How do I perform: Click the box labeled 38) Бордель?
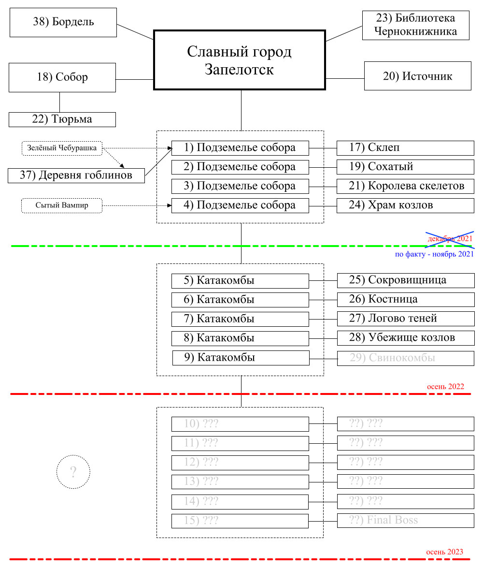63,22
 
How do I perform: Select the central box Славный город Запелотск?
239,60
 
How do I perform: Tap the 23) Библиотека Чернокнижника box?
416,25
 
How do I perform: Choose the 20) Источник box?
417,76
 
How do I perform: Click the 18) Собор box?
62,77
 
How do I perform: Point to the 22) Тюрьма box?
62,119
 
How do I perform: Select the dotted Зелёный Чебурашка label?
62,148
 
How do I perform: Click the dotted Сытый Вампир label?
62,205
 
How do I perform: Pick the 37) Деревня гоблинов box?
76,175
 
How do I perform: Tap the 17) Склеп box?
405,148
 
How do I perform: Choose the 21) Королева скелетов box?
405,186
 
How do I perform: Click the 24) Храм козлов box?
405,205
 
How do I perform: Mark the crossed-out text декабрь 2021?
450,239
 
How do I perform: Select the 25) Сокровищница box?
405,280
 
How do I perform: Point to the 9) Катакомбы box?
241,358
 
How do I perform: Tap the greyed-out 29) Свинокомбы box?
405,358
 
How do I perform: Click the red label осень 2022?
445,387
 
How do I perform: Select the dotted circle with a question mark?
73,472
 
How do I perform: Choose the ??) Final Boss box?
405,521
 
